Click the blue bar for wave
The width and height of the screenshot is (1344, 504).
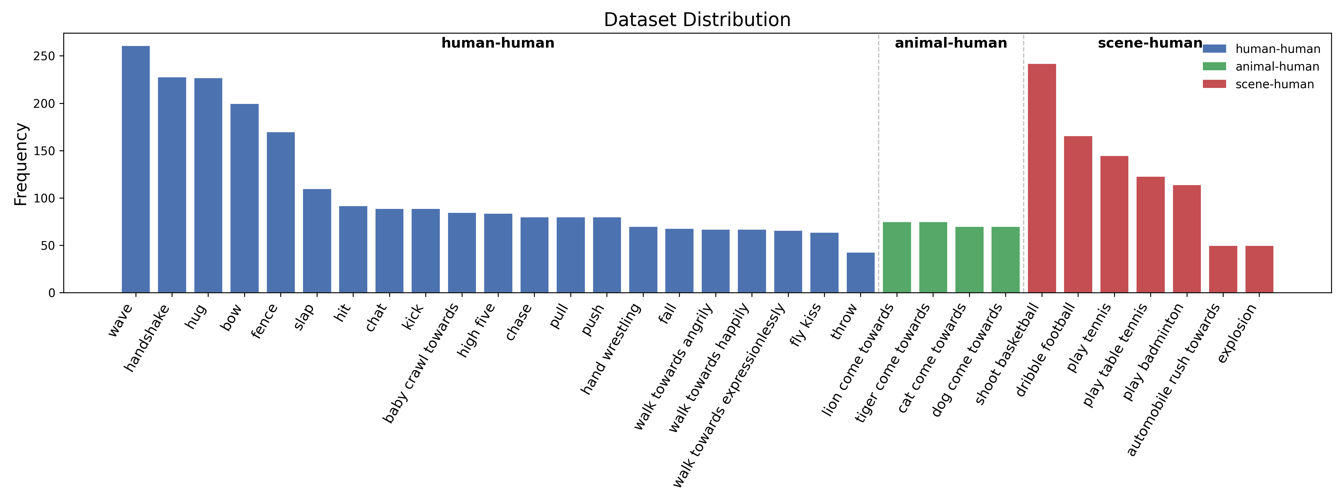[136, 170]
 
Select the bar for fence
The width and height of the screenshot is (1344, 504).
[281, 212]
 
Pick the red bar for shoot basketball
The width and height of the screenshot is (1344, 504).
[1042, 178]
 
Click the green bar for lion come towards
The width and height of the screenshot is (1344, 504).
[897, 258]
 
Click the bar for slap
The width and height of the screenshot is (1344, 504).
[317, 241]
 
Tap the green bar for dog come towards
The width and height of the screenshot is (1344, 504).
[1005, 260]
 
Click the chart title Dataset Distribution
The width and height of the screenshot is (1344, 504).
[697, 20]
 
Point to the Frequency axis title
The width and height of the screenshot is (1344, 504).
[21, 164]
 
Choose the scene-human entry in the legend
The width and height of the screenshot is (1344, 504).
[1274, 84]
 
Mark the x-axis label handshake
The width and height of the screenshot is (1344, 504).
[147, 338]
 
